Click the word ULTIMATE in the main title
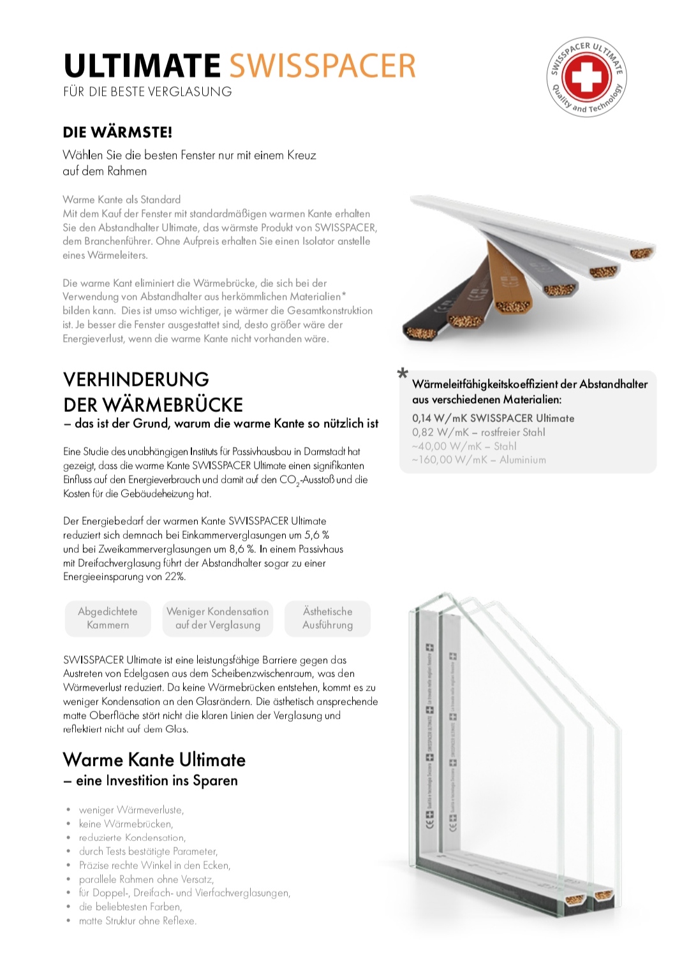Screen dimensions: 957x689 [x=142, y=66]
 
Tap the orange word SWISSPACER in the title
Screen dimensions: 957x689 [x=322, y=66]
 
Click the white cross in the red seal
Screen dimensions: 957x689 [x=586, y=77]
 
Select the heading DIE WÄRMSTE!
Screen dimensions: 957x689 [x=117, y=133]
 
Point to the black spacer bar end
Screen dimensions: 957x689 [x=421, y=326]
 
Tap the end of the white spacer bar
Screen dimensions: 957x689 [x=641, y=253]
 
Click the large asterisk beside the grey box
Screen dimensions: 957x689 [x=403, y=374]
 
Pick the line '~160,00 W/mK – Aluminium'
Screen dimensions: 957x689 [x=478, y=460]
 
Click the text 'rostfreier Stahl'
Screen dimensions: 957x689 [x=513, y=432]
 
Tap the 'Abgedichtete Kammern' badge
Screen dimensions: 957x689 [x=108, y=618]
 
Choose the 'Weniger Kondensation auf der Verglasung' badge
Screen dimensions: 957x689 [x=218, y=618]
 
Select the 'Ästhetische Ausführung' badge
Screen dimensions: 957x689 [x=328, y=618]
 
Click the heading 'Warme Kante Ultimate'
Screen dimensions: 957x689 [x=154, y=760]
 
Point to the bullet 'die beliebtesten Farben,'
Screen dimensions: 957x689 [x=130, y=907]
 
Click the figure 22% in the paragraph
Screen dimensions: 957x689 [x=175, y=577]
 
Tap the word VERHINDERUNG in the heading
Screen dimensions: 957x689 [x=136, y=379]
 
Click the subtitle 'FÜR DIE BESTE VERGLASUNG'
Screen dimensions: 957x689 [x=147, y=92]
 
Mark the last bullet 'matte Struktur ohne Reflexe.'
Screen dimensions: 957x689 [x=137, y=921]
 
